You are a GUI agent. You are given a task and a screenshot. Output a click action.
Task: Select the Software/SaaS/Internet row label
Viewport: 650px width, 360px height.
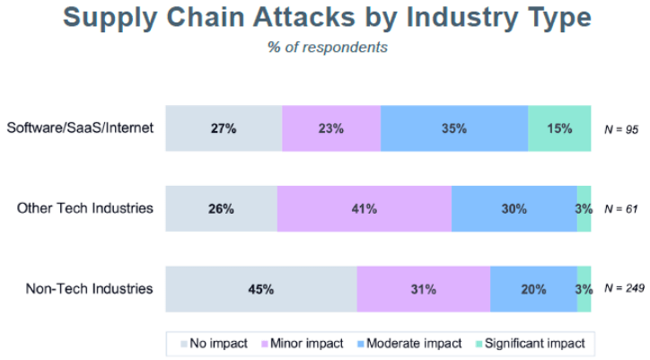pyautogui.click(x=81, y=127)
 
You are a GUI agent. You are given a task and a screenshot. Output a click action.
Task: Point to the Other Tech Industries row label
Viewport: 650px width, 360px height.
pyautogui.click(x=86, y=208)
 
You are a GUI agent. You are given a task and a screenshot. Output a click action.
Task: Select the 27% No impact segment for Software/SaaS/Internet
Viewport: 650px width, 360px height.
pyautogui.click(x=224, y=128)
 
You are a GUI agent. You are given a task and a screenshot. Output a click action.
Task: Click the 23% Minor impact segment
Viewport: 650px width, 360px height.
pyautogui.click(x=331, y=128)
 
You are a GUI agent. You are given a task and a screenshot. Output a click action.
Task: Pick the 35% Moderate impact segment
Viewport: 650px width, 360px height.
pyautogui.click(x=454, y=128)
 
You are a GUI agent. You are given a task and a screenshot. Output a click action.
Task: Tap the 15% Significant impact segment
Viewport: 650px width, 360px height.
pyautogui.click(x=559, y=128)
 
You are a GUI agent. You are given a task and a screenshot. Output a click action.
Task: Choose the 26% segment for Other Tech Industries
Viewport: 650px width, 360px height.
pyautogui.click(x=222, y=209)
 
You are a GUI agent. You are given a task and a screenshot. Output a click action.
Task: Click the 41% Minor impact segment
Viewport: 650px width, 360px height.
pyautogui.click(x=364, y=209)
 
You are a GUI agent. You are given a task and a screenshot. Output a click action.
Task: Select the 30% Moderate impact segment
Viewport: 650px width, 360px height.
pyautogui.click(x=514, y=209)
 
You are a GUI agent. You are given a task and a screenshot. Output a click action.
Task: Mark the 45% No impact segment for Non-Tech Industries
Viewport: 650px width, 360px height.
pyautogui.click(x=261, y=290)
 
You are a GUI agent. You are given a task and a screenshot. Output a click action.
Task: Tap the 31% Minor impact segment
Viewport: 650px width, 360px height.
pyautogui.click(x=423, y=290)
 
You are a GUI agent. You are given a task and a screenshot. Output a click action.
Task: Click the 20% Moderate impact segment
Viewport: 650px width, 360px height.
pyautogui.click(x=533, y=290)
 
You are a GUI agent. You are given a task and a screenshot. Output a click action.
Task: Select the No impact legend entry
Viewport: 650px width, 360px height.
pyautogui.click(x=215, y=343)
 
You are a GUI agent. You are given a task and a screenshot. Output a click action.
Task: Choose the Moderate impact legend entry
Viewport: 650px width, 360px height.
pyautogui.click(x=409, y=343)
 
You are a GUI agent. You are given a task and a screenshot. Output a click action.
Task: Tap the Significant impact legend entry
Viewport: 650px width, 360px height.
pyautogui.click(x=530, y=343)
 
